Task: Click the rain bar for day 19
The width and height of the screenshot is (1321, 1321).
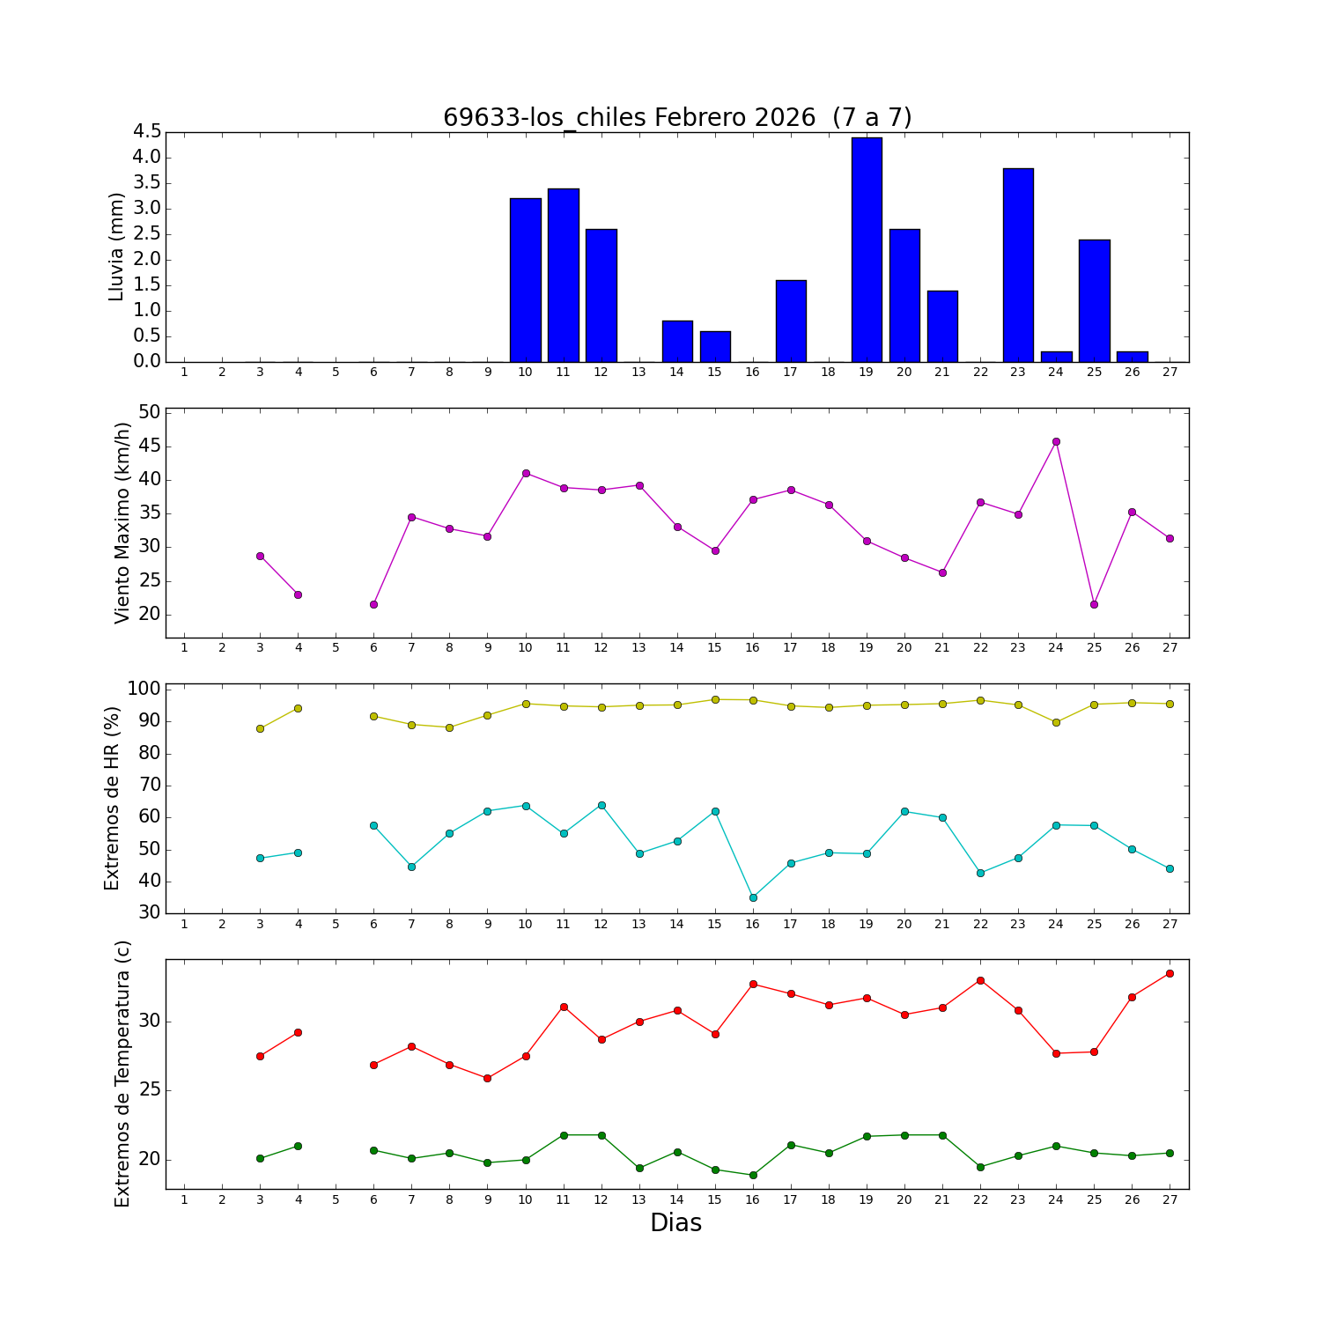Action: (x=867, y=250)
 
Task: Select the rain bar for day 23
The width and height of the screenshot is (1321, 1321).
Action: (x=1018, y=265)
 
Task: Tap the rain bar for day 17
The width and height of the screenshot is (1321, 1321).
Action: (x=791, y=321)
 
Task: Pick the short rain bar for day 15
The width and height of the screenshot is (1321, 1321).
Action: (x=715, y=347)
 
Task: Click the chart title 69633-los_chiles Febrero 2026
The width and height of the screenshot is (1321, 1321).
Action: (x=676, y=118)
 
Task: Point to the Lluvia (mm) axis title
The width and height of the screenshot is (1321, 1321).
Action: (x=116, y=247)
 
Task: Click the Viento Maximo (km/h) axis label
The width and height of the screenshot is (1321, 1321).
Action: (x=122, y=523)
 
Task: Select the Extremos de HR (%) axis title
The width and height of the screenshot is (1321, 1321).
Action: (x=112, y=798)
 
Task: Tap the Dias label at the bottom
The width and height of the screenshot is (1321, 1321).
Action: (x=675, y=1223)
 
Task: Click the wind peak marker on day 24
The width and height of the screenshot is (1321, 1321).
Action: (x=1056, y=442)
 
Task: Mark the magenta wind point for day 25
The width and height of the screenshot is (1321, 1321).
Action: (x=1094, y=604)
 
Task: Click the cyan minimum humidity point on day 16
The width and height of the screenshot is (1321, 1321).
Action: (x=753, y=897)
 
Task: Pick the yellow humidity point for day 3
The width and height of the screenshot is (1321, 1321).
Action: (x=260, y=728)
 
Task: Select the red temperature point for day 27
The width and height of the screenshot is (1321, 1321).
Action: (x=1170, y=973)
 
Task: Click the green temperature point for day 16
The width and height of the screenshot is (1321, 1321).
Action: (x=753, y=1175)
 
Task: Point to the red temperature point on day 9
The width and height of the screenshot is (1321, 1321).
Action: (x=487, y=1078)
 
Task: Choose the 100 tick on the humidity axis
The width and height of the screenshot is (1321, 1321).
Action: (x=144, y=689)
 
